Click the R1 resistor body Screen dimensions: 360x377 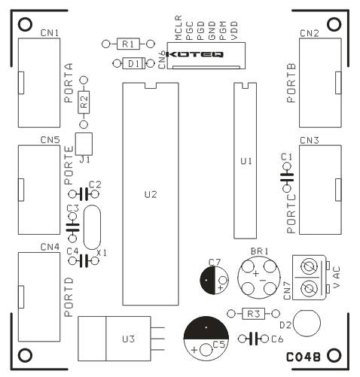point(128,44)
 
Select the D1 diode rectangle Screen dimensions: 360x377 point(133,63)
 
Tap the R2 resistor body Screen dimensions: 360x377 point(84,102)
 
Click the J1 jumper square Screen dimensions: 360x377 point(84,144)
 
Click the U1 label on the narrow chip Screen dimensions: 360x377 point(246,161)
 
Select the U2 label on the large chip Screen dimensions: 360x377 point(151,194)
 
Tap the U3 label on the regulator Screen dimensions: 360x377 point(129,339)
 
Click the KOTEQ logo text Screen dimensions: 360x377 point(194,54)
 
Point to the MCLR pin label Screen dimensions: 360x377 point(178,28)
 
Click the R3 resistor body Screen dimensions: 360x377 point(253,314)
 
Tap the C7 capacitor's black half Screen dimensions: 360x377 point(208,280)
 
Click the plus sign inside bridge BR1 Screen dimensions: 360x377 point(255,273)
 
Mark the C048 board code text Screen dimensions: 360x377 point(304,357)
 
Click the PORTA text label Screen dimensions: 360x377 point(69,83)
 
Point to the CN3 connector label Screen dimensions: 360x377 point(310,141)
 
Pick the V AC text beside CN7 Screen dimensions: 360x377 point(336,277)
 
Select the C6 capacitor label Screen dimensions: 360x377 point(277,339)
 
